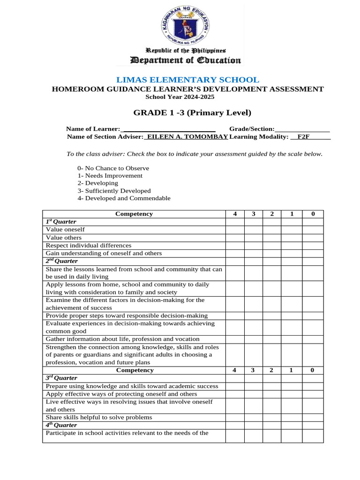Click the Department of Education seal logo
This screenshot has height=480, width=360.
point(180,25)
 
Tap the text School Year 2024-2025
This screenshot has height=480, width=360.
point(180,97)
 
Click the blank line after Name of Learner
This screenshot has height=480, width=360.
point(168,129)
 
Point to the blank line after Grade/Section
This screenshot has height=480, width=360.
point(302,129)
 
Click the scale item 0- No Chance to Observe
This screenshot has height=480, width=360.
point(113,168)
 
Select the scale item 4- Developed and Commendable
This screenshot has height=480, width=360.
point(124,198)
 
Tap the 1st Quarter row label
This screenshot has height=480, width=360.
point(61,222)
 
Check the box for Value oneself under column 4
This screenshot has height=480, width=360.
point(234,230)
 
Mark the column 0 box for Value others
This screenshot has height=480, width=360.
point(313,238)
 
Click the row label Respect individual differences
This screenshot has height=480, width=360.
point(89,245)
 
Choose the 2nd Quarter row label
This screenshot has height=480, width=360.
point(62,261)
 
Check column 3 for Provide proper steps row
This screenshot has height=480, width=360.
point(253,316)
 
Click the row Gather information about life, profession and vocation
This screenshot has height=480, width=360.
point(122,339)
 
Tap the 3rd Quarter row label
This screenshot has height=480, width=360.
point(61,378)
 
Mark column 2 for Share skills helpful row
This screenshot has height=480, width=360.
point(272,417)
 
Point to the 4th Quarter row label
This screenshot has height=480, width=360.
point(61,425)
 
